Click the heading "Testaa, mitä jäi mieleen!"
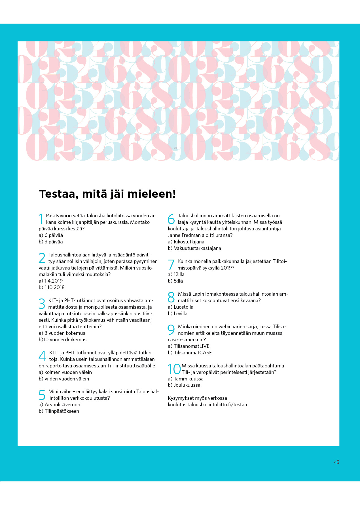coord(107,194)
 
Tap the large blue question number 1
coord(41,219)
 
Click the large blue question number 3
coord(42,304)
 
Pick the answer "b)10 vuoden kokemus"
coord(63,340)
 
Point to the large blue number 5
coord(42,395)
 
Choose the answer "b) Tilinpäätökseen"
coord(59,411)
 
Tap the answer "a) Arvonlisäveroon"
coord(60,405)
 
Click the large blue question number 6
coord(171,219)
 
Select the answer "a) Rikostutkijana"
coord(186,242)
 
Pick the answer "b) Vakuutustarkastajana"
coord(194,248)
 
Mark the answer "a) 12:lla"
coord(176,274)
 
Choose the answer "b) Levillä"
coord(177,314)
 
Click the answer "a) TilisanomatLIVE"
coord(189,346)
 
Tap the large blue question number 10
coord(174,369)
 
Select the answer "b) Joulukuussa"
coord(184,385)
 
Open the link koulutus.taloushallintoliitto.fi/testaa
coord(207,405)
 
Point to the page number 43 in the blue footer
coord(336,462)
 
